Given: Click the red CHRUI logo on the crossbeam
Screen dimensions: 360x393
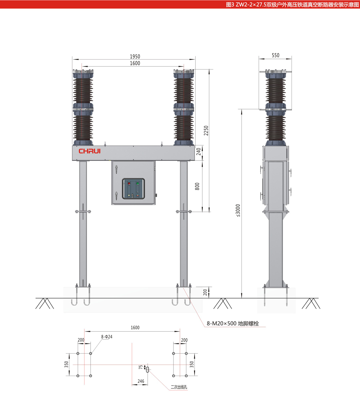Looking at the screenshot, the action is (90, 151).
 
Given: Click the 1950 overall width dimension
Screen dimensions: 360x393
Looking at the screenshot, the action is (135, 56).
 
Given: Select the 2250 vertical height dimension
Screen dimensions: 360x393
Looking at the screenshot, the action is (206, 130).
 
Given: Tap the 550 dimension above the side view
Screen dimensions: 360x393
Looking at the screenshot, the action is (275, 55).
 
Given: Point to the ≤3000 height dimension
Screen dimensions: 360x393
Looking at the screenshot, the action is (238, 210).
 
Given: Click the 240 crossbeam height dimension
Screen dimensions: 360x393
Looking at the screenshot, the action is (199, 151).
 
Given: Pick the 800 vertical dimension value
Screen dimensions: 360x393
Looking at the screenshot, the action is (197, 186).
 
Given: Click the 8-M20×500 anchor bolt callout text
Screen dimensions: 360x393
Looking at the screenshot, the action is (233, 324).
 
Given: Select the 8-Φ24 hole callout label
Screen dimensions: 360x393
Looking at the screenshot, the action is (107, 337).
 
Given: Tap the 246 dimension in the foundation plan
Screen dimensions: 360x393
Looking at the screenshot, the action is (141, 381).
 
